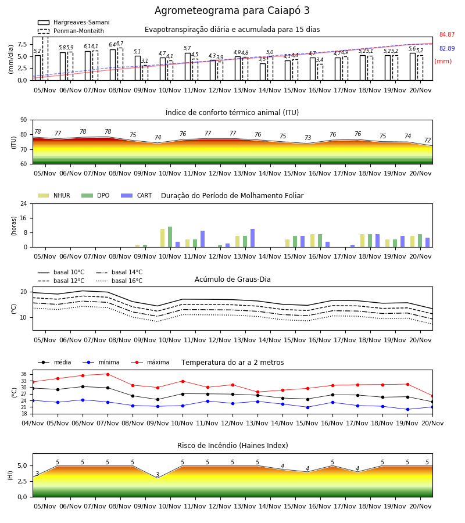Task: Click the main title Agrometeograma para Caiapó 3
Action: (x=232, y=10)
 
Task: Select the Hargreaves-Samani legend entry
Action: (x=74, y=22)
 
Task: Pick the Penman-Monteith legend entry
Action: (x=71, y=31)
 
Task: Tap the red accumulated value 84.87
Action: (x=447, y=34)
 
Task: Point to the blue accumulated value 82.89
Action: (x=447, y=48)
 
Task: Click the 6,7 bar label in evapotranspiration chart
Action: (x=120, y=44)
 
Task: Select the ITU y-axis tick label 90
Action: (x=24, y=120)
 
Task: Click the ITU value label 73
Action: (x=307, y=138)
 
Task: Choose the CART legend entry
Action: (x=137, y=195)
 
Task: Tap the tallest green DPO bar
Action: (x=170, y=237)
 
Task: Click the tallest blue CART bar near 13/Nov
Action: (x=252, y=238)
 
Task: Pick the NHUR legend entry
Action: (x=54, y=195)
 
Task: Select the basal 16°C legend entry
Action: (x=119, y=281)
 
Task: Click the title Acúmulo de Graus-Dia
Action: (x=233, y=279)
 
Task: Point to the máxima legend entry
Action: (x=150, y=362)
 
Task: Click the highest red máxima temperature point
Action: (x=108, y=374)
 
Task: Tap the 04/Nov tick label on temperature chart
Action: (x=33, y=423)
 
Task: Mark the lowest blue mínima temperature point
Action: (x=407, y=409)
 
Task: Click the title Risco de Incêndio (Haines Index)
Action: (x=233, y=445)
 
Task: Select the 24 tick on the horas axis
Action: (x=24, y=203)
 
